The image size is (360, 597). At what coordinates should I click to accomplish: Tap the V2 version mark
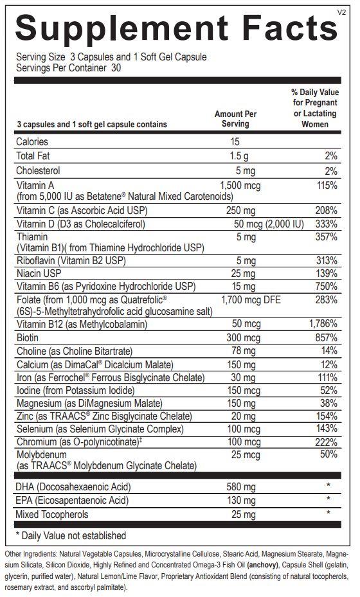pyautogui.click(x=342, y=12)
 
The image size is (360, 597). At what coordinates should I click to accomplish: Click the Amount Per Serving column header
pyautogui.click(x=235, y=119)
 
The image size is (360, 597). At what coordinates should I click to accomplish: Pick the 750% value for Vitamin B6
pyautogui.click(x=326, y=287)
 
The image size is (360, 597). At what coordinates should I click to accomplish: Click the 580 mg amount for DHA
pyautogui.click(x=241, y=487)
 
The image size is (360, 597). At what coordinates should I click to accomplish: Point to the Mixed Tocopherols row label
pyautogui.click(x=52, y=514)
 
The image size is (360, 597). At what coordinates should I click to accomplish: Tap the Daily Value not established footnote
pyautogui.click(x=71, y=535)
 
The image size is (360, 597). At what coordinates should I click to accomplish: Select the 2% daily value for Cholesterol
pyautogui.click(x=330, y=171)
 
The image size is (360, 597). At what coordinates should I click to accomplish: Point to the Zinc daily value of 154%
pyautogui.click(x=326, y=416)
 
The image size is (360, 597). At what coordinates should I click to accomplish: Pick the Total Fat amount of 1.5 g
pyautogui.click(x=239, y=156)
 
